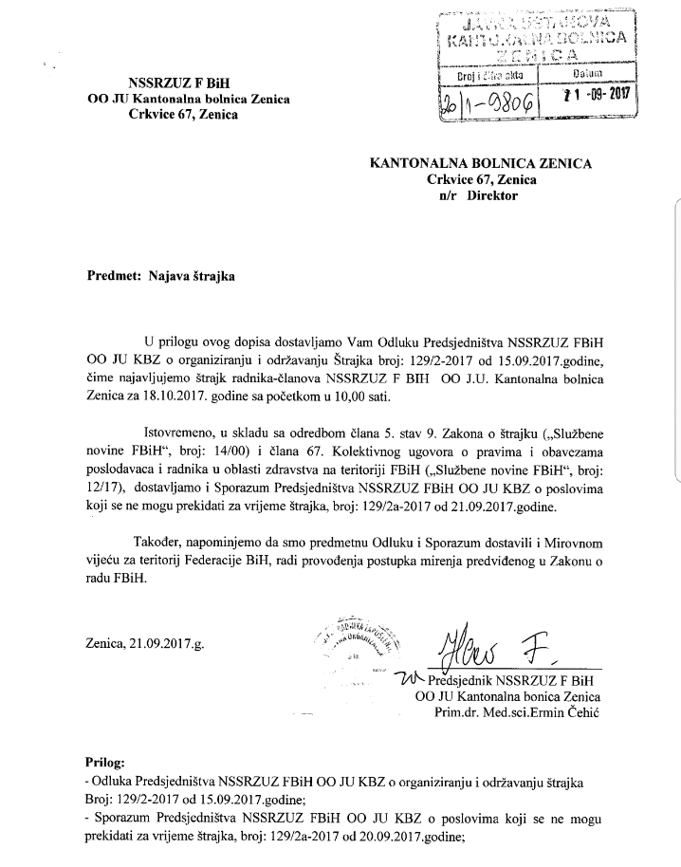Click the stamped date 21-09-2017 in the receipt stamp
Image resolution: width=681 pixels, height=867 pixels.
(597, 95)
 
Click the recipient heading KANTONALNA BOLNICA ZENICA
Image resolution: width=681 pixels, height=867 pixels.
(481, 163)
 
